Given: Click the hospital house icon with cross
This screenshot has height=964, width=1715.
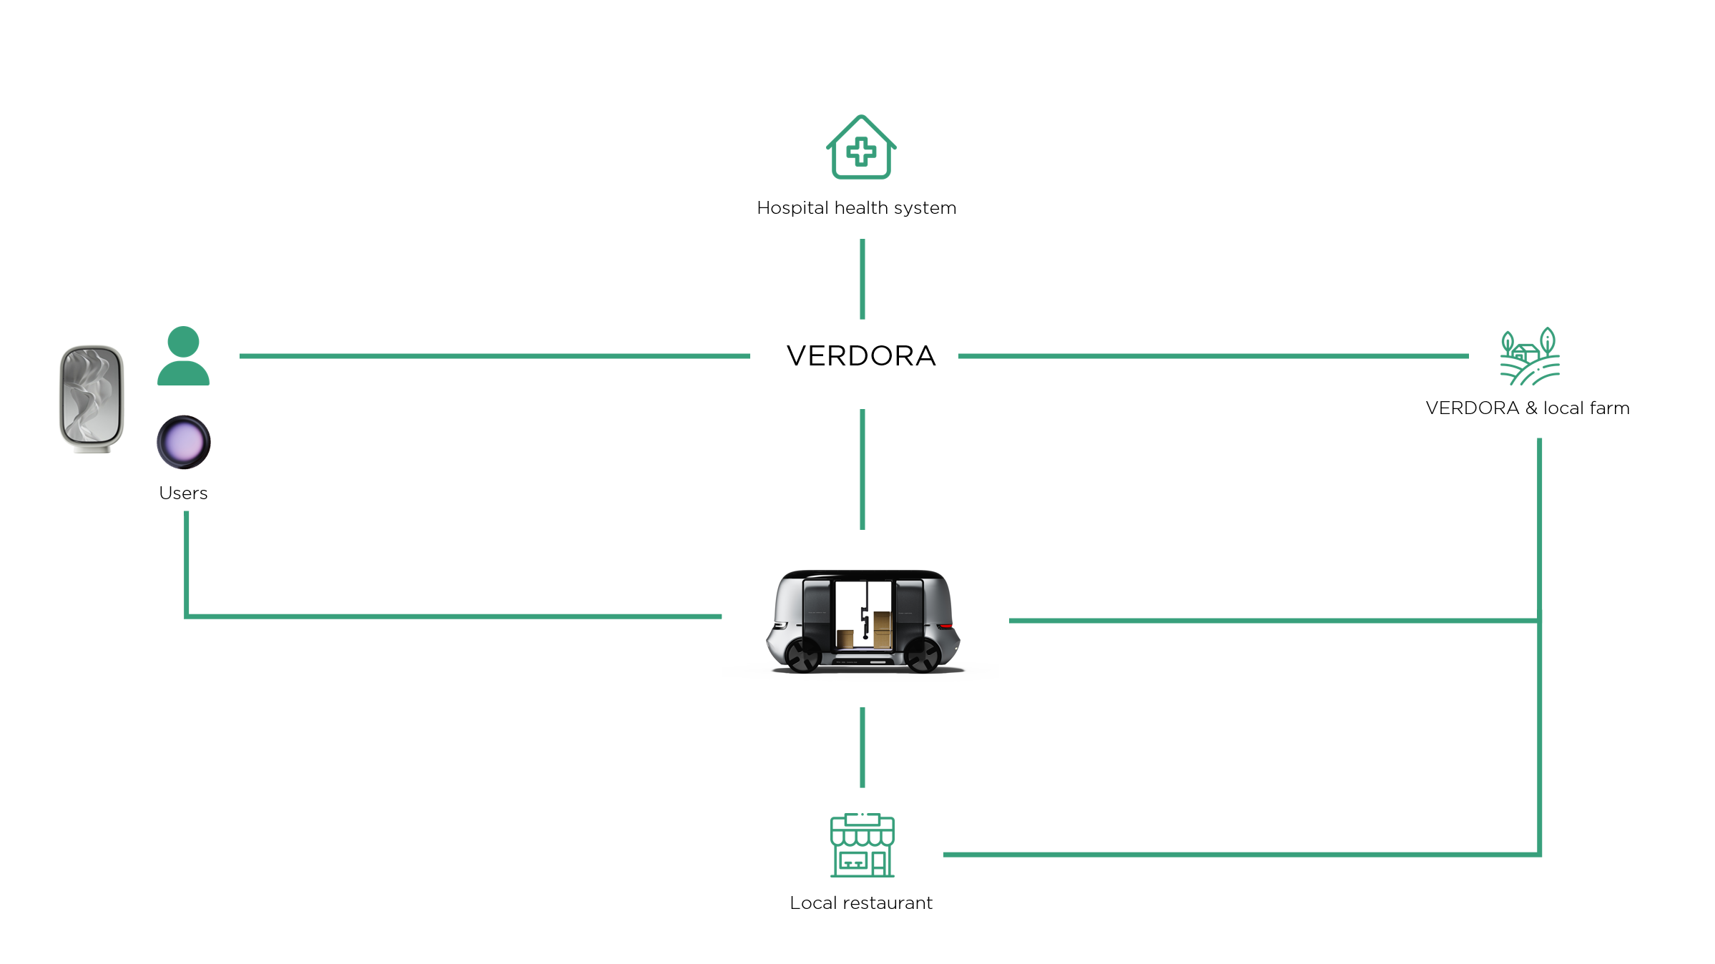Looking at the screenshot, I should tap(861, 147).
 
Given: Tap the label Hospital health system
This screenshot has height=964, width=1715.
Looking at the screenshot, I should tap(856, 208).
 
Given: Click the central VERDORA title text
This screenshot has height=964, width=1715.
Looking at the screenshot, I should tap(861, 356).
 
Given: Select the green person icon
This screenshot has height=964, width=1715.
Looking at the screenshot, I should tap(183, 356).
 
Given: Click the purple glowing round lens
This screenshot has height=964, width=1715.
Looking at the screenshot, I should tap(184, 442).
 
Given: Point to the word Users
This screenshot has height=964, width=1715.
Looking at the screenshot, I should tap(183, 493).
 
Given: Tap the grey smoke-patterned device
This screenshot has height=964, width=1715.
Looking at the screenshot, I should tap(91, 398).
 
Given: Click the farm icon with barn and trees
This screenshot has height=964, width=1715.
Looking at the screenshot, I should tap(1529, 356).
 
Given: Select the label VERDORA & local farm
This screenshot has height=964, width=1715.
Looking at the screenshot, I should tap(1528, 408).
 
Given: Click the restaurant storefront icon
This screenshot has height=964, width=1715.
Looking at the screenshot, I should tap(862, 845).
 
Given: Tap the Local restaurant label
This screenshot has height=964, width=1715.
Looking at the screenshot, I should tap(861, 903).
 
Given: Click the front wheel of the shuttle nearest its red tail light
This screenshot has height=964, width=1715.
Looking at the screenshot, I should tap(923, 654).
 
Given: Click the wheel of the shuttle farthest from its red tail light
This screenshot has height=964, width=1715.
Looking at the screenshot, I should tap(802, 654).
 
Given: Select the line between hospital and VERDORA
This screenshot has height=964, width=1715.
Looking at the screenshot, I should tap(863, 279).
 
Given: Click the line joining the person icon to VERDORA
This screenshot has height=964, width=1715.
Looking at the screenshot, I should tap(493, 355).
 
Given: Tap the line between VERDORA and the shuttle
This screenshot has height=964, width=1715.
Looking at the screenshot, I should tap(863, 469).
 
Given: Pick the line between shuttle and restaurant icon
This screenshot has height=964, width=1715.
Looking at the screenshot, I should tap(863, 747).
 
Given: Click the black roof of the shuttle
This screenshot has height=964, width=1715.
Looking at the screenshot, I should tap(864, 574).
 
